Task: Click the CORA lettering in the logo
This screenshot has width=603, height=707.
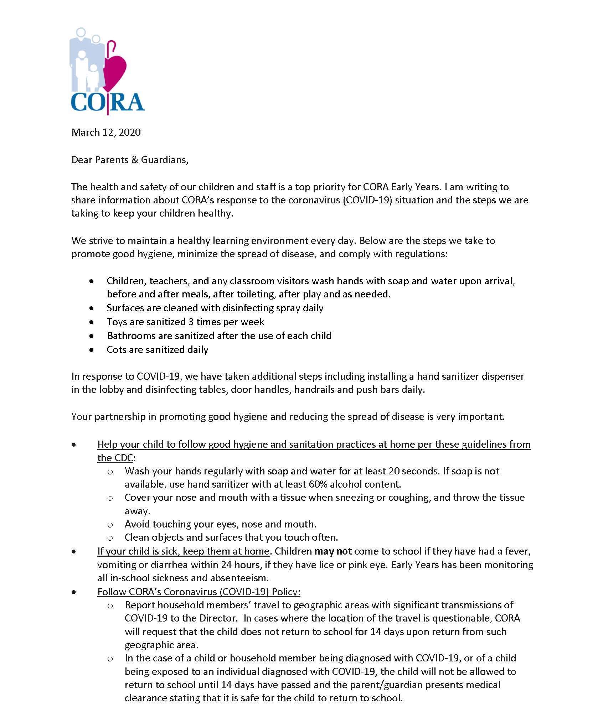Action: [x=108, y=102]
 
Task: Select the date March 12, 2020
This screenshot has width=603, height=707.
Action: [x=106, y=132]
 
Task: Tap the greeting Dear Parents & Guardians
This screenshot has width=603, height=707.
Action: [x=130, y=160]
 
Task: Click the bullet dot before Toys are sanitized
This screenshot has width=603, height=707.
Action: [x=92, y=322]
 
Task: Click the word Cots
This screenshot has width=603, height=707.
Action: [x=117, y=350]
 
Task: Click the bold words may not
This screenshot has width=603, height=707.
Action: [x=333, y=551]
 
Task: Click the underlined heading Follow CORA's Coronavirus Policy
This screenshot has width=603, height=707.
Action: [x=199, y=592]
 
